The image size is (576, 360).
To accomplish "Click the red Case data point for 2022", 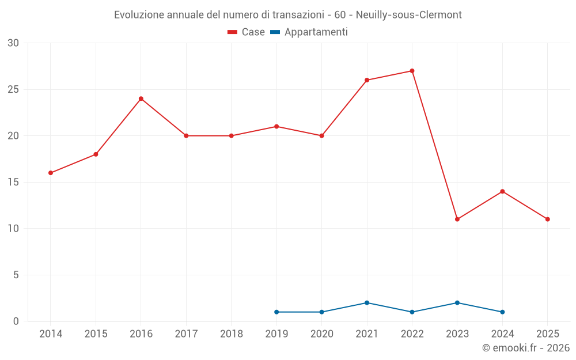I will [x=412, y=71].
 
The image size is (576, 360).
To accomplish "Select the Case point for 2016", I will [x=141, y=98].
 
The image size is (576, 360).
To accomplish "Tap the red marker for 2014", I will [x=51, y=173].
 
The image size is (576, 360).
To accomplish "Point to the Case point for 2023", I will [x=457, y=219].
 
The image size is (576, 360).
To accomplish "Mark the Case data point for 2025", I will [x=547, y=219].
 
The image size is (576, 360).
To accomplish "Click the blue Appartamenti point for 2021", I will [x=367, y=302].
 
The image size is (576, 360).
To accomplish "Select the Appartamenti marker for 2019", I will [x=276, y=312].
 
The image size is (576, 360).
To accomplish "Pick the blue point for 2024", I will [x=502, y=312].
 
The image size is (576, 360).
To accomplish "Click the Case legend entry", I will [x=247, y=32].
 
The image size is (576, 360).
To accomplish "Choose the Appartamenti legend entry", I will [x=309, y=32].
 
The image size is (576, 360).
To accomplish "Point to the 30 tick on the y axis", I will [x=13, y=43].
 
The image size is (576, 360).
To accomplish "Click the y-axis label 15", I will [x=13, y=182].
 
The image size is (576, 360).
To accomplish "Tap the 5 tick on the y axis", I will [x=16, y=275].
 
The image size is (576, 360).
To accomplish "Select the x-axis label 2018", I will [x=231, y=334].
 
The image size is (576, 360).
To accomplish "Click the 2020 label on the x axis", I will [x=321, y=334].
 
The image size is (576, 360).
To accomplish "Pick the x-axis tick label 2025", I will [x=547, y=334].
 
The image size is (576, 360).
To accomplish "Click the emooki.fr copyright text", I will [x=525, y=348].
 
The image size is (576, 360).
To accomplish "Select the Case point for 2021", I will [x=367, y=80].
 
